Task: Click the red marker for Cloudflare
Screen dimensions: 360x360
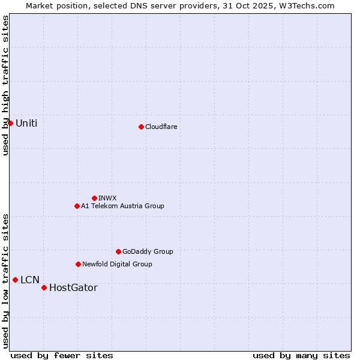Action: (x=141, y=127)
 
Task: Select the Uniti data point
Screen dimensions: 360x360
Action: (x=10, y=123)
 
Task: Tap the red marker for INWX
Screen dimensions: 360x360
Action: (x=94, y=198)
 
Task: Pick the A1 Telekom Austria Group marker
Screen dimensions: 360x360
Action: (x=77, y=206)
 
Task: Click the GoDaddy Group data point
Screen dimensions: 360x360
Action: (x=118, y=251)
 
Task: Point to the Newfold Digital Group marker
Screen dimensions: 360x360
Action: (x=78, y=264)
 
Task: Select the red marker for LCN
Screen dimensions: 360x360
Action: (x=15, y=280)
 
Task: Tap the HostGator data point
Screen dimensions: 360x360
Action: (x=44, y=287)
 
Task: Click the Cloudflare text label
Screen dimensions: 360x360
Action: (x=161, y=127)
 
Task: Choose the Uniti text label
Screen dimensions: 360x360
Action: (x=26, y=124)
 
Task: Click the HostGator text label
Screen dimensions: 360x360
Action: (x=73, y=288)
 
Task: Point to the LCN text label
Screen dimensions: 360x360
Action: (x=30, y=280)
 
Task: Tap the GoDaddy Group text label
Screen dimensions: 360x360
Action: (x=148, y=252)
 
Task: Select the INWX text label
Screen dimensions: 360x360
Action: (x=107, y=198)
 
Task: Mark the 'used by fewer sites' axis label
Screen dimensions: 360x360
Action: (x=62, y=355)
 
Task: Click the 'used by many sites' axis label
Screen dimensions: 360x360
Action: (x=301, y=355)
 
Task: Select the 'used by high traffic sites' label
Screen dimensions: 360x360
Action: (x=5, y=85)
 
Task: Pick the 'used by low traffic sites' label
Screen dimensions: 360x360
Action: (x=5, y=280)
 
